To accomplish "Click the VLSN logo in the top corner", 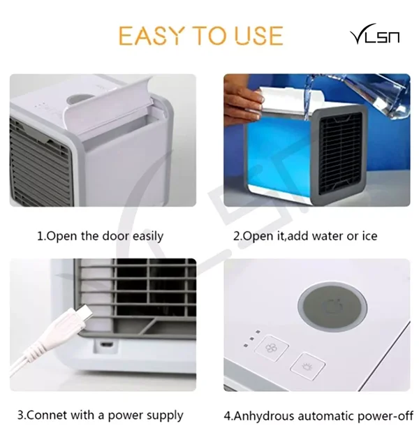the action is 374,34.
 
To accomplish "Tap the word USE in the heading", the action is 259,36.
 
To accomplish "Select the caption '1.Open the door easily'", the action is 101,236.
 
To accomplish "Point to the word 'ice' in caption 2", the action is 369,236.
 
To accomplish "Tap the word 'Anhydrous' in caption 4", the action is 263,416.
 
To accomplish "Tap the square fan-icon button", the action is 272,349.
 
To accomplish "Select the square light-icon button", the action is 308,366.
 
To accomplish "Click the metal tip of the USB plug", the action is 84,312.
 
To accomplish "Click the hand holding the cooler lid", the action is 242,101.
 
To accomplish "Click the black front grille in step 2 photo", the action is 340,154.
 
